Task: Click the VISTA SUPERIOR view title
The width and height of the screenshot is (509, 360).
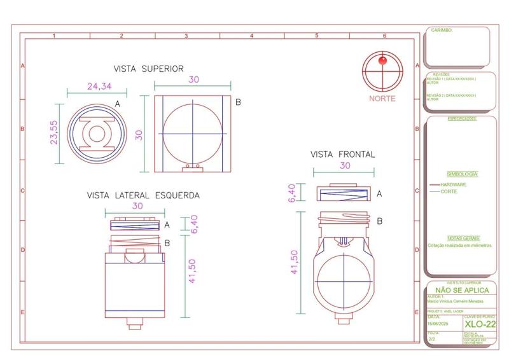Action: [148, 69]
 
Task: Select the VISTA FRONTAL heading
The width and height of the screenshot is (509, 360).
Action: [342, 155]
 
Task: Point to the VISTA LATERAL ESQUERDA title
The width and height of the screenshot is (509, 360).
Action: [143, 195]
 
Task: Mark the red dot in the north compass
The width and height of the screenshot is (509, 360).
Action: [382, 61]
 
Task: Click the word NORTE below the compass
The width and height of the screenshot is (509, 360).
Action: [382, 99]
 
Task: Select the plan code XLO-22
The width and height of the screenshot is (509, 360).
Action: [480, 325]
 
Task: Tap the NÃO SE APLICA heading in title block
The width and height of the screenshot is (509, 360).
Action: [461, 290]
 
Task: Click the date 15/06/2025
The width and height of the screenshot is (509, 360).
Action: [438, 325]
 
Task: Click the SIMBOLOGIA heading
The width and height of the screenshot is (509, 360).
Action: [462, 174]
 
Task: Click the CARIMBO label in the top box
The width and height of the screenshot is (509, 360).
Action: [442, 30]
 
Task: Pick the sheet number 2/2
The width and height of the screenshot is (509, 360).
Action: [432, 340]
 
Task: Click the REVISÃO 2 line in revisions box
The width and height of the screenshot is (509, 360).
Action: [451, 96]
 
